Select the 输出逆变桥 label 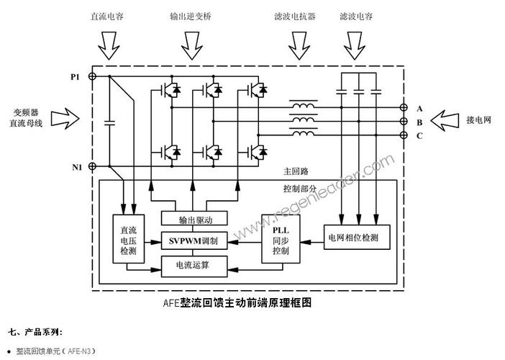click(x=191, y=14)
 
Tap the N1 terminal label click(x=77, y=167)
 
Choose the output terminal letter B click(x=419, y=122)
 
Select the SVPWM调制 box click(x=193, y=240)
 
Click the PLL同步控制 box click(x=280, y=240)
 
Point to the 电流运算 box click(x=193, y=266)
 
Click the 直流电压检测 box click(x=129, y=240)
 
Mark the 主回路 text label click(x=296, y=173)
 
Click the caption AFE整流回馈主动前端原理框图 click(x=237, y=303)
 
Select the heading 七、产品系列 click(x=36, y=332)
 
